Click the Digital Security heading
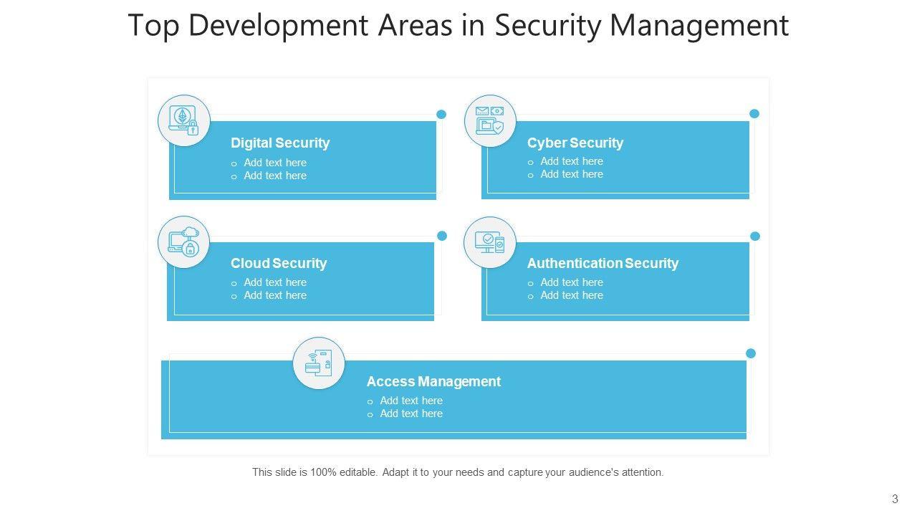point(280,143)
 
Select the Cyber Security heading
point(575,143)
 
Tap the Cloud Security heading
point(279,263)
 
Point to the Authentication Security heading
point(602,263)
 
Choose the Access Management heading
point(433,381)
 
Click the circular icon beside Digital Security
point(184,120)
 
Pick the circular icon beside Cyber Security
point(490,120)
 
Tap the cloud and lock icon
point(184,242)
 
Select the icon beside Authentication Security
point(490,242)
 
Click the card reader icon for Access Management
point(319,363)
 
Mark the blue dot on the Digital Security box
point(441,114)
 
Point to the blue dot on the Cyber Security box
point(754,113)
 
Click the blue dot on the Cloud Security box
point(442,236)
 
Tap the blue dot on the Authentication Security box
point(754,236)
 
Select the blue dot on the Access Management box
point(751,353)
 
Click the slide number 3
point(895,499)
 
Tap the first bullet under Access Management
point(411,401)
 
